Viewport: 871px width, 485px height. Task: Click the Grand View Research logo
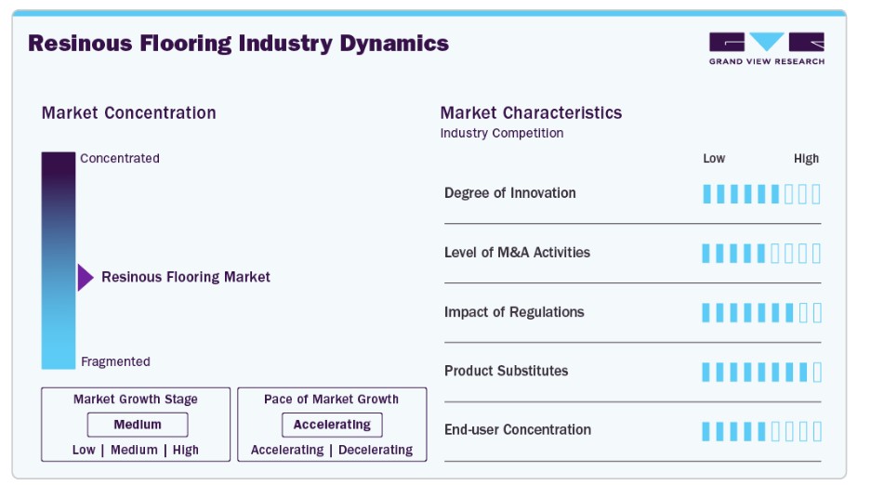(767, 48)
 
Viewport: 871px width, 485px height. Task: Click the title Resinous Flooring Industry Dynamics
(238, 44)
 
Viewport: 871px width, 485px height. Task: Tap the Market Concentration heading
(129, 112)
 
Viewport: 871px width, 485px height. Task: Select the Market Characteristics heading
(531, 112)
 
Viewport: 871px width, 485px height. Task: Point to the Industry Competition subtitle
(502, 133)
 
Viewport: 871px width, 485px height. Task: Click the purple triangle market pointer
(86, 278)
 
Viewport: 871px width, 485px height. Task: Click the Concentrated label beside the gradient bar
(120, 158)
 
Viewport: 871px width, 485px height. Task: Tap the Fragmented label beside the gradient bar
(115, 361)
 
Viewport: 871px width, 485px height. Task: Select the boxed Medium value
(138, 425)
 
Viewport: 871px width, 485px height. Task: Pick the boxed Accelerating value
(332, 425)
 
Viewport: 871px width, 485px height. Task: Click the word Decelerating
(376, 450)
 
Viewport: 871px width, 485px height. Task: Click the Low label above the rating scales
(714, 159)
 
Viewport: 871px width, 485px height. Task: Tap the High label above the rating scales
(806, 159)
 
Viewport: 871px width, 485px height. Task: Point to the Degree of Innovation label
(510, 193)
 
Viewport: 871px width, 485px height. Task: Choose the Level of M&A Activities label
(517, 253)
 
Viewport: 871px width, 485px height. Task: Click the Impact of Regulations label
(514, 312)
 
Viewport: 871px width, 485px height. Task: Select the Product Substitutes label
(506, 371)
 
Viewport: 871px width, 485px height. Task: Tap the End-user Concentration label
(518, 429)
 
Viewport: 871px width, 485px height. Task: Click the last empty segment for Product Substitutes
(817, 373)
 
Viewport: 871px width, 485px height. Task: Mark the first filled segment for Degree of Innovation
(706, 194)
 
